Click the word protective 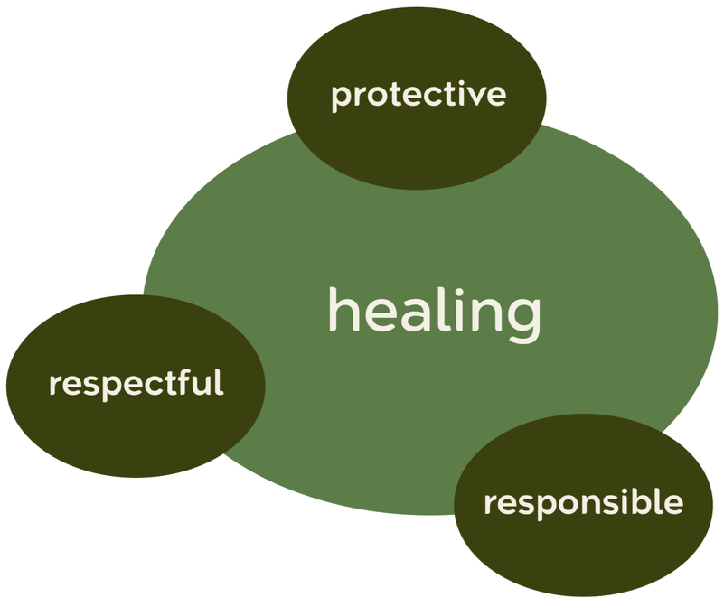tap(418, 94)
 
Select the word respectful tap(136, 383)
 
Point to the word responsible tap(583, 502)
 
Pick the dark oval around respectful tap(136, 425)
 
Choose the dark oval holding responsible tap(583, 551)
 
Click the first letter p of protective tap(340, 97)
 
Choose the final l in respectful tap(217, 380)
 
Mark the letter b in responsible tap(641, 500)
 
